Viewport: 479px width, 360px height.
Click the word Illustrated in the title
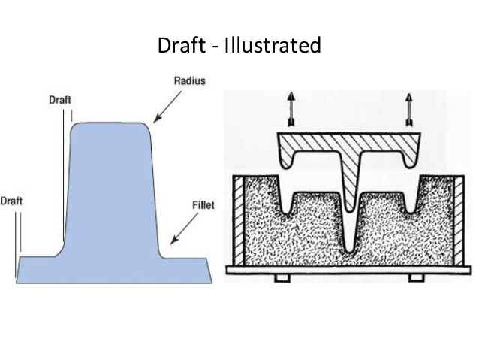pyautogui.click(x=276, y=46)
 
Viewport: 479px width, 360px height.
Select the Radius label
pyautogui.click(x=190, y=80)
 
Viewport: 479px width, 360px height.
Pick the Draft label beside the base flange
pyautogui.click(x=11, y=201)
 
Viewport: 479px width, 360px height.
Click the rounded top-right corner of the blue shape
pyautogui.click(x=147, y=129)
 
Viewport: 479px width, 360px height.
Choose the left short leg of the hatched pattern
pyautogui.click(x=288, y=161)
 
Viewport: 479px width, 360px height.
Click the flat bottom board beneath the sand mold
pyautogui.click(x=349, y=269)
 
